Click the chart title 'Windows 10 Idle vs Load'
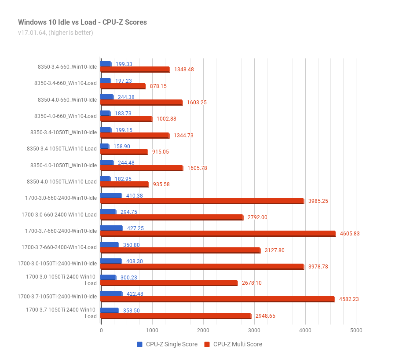click(x=57, y=22)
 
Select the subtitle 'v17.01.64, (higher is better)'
click(x=55, y=33)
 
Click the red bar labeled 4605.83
click(x=218, y=233)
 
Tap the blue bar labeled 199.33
click(x=106, y=64)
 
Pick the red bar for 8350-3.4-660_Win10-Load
click(x=123, y=86)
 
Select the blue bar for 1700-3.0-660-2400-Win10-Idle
click(x=111, y=195)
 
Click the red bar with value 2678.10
click(x=169, y=283)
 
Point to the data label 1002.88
click(x=166, y=119)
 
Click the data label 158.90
click(x=121, y=147)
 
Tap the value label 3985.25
click(x=318, y=201)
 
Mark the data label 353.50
click(x=131, y=311)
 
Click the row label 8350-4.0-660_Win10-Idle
click(x=67, y=100)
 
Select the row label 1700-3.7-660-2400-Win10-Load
click(x=59, y=247)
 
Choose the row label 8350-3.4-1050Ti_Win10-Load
click(x=62, y=149)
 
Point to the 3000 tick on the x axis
click(x=254, y=331)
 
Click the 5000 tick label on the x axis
click(x=356, y=331)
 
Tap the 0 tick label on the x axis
click(x=101, y=331)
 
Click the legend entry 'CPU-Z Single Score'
click(x=167, y=344)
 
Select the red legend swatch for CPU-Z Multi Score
click(x=207, y=344)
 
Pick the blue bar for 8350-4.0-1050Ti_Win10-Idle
click(x=107, y=162)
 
